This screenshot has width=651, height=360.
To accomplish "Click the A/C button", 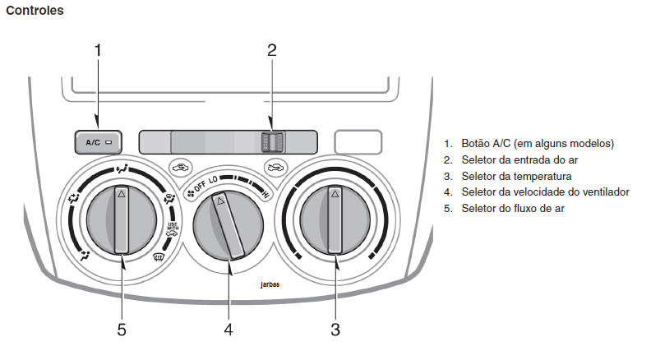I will pyautogui.click(x=98, y=142).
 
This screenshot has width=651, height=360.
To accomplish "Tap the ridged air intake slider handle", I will pyautogui.click(x=271, y=141).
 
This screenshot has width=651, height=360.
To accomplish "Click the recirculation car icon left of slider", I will pyautogui.click(x=181, y=167).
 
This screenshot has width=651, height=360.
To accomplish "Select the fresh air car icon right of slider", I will pyautogui.click(x=274, y=167).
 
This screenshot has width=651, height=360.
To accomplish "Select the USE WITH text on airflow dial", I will pyautogui.click(x=172, y=228).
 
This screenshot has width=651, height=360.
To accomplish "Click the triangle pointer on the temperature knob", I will pyautogui.click(x=335, y=195).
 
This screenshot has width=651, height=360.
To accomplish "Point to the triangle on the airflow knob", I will pyautogui.click(x=121, y=195).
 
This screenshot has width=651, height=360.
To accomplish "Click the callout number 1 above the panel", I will pyautogui.click(x=97, y=49).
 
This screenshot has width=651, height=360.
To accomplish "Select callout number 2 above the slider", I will pyautogui.click(x=272, y=49).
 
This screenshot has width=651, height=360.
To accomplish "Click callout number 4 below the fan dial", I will pyautogui.click(x=229, y=330).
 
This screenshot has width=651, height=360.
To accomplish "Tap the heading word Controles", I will pyautogui.click(x=35, y=11).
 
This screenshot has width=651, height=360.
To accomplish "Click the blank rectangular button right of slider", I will pyautogui.click(x=358, y=141).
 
